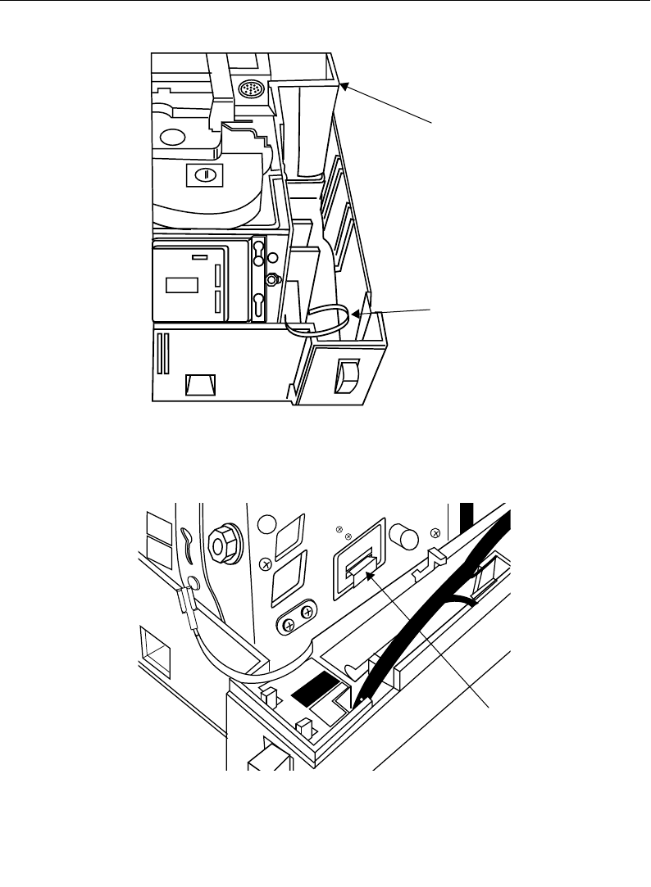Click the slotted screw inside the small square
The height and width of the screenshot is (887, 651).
coord(199,174)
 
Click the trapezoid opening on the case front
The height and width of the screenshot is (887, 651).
coord(201,384)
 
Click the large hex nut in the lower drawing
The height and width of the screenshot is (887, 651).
coord(223,541)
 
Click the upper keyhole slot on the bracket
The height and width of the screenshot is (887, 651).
coord(258,248)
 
